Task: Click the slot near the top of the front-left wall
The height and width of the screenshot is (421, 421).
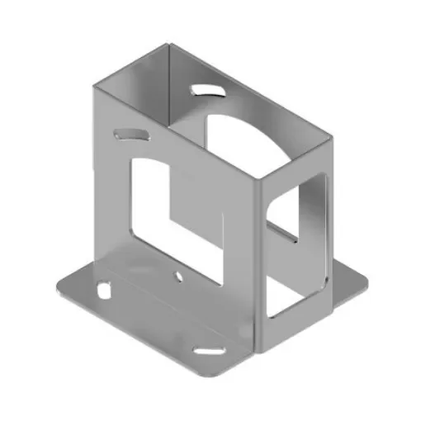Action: pyautogui.click(x=131, y=133)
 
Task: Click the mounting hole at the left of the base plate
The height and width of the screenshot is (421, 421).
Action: pyautogui.click(x=104, y=290)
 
